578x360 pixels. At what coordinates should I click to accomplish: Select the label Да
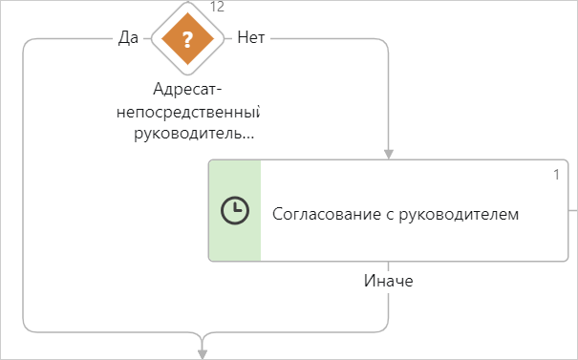128,38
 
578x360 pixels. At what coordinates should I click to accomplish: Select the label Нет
250,38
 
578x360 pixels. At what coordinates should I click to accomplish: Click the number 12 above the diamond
217,8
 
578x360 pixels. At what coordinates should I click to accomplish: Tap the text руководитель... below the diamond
197,133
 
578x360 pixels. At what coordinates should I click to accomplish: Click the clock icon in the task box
235,211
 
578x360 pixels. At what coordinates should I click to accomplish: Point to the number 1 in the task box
556,174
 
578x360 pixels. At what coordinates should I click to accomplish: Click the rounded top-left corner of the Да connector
28,44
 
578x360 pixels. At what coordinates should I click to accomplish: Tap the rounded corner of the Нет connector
384,43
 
